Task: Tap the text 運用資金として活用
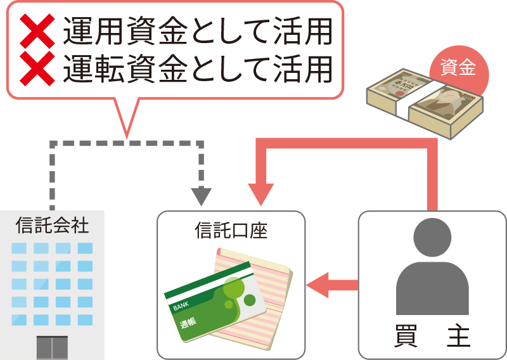tap(197, 31)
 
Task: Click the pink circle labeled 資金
tap(457, 68)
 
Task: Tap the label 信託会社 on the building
tap(52, 225)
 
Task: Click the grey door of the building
tap(52, 347)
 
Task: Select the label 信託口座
tap(231, 229)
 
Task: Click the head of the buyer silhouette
tap(432, 238)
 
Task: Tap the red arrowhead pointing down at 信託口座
tap(260, 194)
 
